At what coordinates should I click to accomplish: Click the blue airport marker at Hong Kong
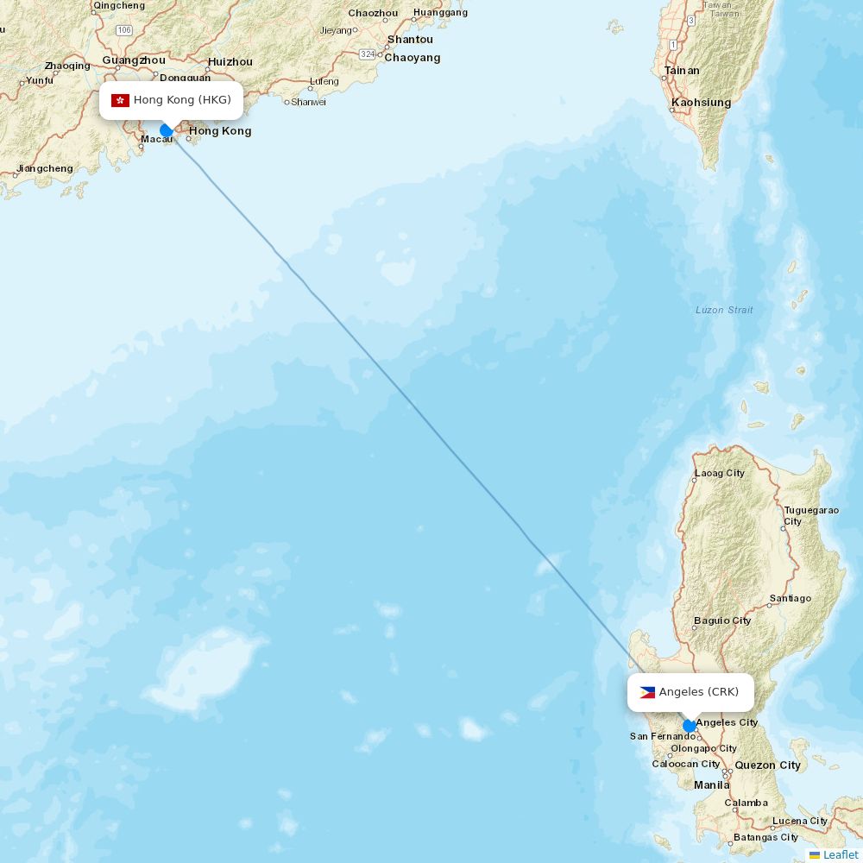click(167, 131)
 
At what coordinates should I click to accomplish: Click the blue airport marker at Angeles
click(690, 726)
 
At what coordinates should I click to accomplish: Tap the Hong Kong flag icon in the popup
click(120, 100)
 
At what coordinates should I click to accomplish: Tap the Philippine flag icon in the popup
click(647, 692)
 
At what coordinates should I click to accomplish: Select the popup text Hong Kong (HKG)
click(182, 100)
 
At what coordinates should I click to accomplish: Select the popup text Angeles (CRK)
click(699, 692)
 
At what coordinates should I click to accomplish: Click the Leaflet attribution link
click(840, 854)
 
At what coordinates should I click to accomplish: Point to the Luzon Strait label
click(724, 310)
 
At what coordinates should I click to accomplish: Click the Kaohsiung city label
click(701, 103)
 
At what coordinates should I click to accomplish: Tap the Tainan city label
click(682, 71)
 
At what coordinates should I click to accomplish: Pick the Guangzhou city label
click(134, 60)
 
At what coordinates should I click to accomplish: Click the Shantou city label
click(410, 40)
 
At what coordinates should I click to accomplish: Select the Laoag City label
click(720, 473)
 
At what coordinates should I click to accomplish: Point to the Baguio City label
click(722, 620)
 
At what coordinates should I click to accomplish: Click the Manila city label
click(712, 784)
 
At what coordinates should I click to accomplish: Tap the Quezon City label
click(767, 765)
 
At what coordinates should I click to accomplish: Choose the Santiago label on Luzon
click(790, 598)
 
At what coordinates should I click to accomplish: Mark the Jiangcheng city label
click(45, 168)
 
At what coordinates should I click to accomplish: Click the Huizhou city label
click(230, 62)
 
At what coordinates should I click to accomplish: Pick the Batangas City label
click(765, 837)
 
